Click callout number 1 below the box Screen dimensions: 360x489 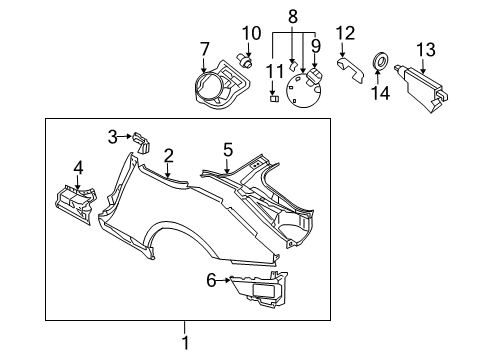point(185,352)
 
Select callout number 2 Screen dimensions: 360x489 point(169,154)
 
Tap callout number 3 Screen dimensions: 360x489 point(113,136)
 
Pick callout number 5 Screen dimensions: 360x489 point(228,149)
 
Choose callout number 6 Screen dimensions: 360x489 point(211,281)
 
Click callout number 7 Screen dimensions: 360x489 point(205,49)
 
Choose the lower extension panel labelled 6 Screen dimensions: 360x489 point(258,291)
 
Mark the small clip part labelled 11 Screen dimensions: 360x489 point(272,98)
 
